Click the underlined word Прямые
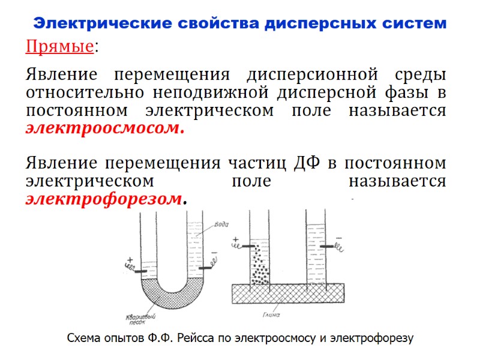[59, 47]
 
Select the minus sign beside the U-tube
[213, 252]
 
